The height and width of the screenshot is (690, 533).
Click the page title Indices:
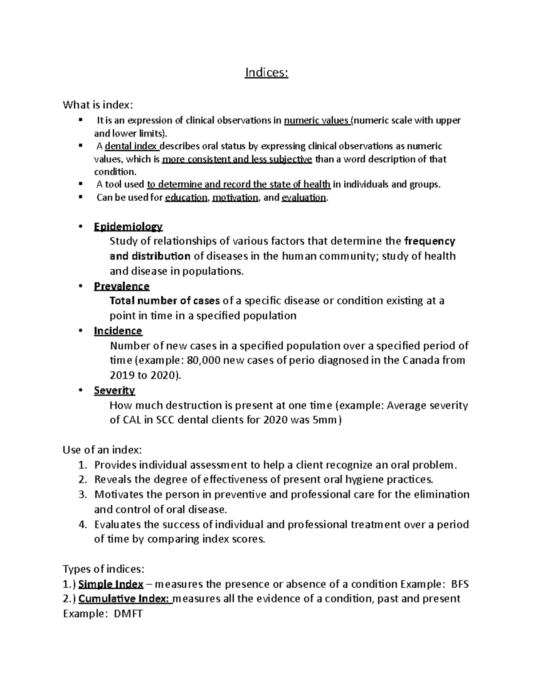266,73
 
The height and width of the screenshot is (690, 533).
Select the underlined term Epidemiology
128,227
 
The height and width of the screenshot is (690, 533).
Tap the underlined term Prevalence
122,286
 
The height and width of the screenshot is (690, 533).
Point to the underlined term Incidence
118,331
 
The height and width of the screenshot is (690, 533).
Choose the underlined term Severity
115,391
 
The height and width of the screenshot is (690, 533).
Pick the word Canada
421,360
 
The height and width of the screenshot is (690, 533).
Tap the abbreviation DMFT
129,614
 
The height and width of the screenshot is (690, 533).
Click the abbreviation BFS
460,584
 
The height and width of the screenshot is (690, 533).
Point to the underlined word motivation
235,198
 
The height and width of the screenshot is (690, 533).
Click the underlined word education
186,198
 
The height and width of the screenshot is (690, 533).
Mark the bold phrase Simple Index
111,584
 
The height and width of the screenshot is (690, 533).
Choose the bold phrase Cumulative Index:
125,599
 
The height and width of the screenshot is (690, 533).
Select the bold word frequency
430,241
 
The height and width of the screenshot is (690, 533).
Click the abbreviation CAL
132,420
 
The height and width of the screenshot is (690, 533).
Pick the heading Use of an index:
103,450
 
